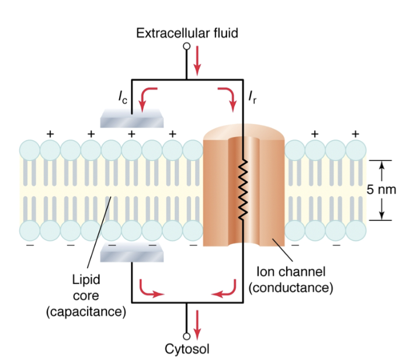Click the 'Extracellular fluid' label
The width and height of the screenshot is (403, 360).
pyautogui.click(x=187, y=33)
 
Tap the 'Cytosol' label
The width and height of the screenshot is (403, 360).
pyautogui.click(x=187, y=349)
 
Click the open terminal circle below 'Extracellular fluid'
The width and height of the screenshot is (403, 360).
pyautogui.click(x=187, y=46)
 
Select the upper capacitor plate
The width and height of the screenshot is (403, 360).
pyautogui.click(x=132, y=118)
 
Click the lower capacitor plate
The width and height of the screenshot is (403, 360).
pyautogui.click(x=132, y=252)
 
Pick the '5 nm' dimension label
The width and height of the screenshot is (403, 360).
pyautogui.click(x=381, y=189)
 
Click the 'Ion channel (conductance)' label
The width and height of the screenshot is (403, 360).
pyautogui.click(x=290, y=279)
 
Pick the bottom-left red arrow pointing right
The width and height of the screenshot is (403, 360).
pyautogui.click(x=150, y=290)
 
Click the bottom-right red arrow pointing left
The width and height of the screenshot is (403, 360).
pyautogui.click(x=225, y=290)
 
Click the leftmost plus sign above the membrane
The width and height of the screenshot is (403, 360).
pyautogui.click(x=50, y=133)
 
